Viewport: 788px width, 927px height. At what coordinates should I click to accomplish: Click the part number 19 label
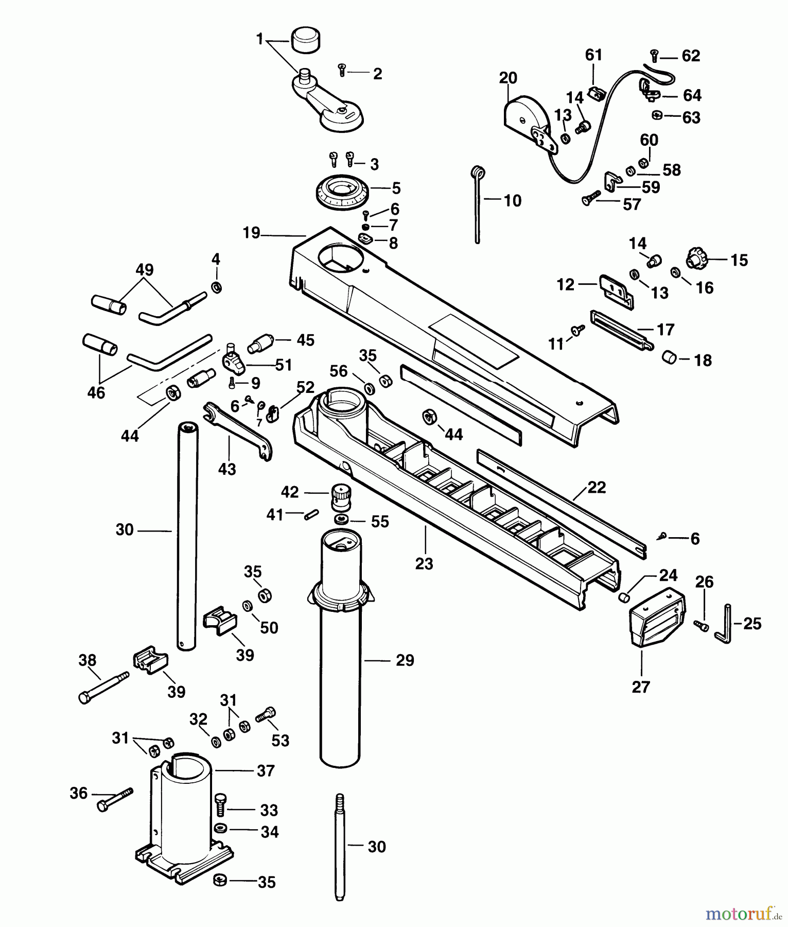pyautogui.click(x=252, y=233)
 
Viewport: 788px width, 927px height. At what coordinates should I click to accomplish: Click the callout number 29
pyautogui.click(x=405, y=660)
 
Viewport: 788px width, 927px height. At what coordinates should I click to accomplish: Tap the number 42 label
pyautogui.click(x=290, y=492)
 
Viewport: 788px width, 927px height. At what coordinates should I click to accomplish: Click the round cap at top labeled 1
pyautogui.click(x=306, y=40)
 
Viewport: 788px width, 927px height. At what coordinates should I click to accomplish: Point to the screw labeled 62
pyautogui.click(x=655, y=53)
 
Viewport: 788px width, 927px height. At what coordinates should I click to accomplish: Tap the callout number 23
pyautogui.click(x=424, y=564)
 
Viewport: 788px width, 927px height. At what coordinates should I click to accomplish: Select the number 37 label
pyautogui.click(x=266, y=771)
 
